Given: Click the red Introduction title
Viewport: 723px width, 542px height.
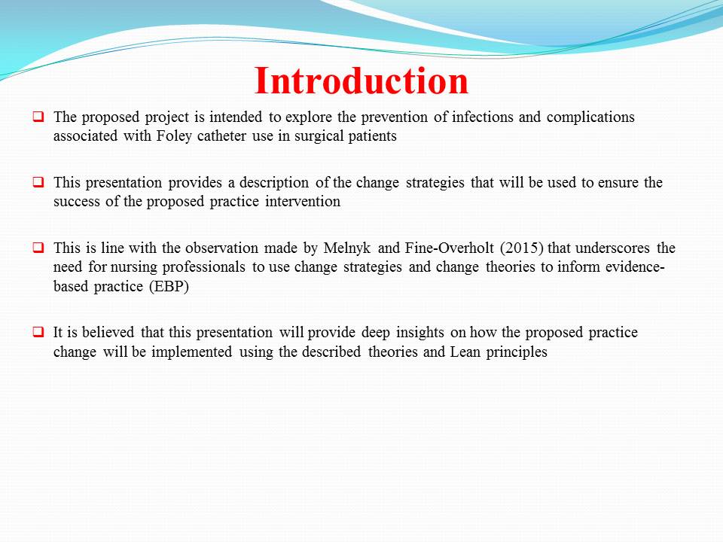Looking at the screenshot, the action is coord(361,81).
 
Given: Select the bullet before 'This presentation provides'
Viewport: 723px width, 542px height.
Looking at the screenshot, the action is coord(38,181).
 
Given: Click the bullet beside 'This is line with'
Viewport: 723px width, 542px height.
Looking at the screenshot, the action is coord(38,247).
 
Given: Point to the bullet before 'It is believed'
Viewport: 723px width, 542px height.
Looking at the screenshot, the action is coord(38,331).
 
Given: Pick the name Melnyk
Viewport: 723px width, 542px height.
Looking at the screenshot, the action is coord(347,248).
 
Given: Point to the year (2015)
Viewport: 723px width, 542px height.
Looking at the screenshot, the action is coord(521,248).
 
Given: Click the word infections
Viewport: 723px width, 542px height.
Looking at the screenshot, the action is coord(482,117).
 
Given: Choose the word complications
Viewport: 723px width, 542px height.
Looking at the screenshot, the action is coord(590,117).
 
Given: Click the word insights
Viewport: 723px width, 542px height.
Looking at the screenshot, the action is coord(420,333).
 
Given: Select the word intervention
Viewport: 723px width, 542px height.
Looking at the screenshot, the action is coord(303,202).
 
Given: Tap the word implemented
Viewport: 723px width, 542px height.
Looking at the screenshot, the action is coord(192,352).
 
